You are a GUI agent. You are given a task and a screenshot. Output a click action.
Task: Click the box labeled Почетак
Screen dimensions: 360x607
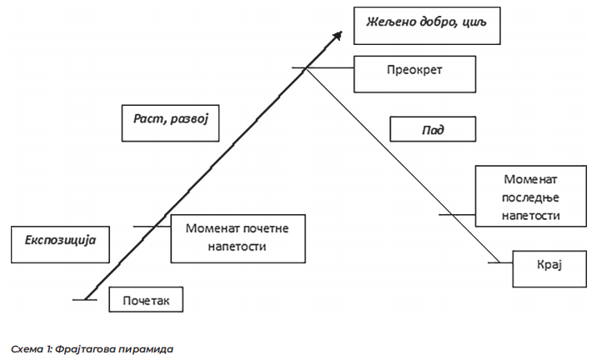click(146, 298)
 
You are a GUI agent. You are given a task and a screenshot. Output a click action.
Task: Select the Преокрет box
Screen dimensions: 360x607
click(414, 73)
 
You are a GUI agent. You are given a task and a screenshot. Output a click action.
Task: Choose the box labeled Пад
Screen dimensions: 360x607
click(433, 129)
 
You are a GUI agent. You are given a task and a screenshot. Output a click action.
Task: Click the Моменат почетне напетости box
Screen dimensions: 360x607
click(236, 237)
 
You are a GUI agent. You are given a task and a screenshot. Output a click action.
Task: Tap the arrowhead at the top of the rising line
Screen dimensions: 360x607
click(338, 35)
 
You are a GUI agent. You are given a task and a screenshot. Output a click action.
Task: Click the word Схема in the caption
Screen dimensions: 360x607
click(26, 348)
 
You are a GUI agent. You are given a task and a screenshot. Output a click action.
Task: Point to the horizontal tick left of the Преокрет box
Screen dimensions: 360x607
click(323, 68)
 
